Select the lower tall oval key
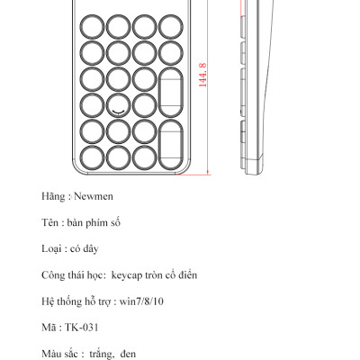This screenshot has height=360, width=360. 171,145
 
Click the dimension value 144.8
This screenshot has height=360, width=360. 203,74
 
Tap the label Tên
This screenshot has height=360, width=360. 50,221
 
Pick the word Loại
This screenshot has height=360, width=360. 52,247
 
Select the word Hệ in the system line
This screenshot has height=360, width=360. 48,300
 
